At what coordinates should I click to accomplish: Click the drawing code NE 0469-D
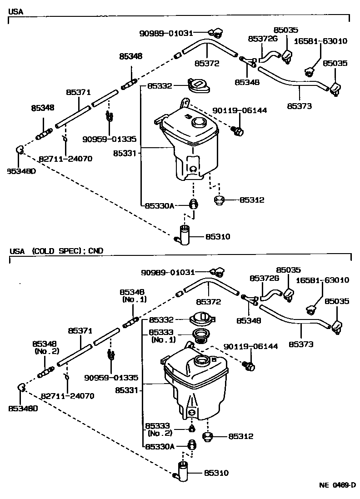click(x=336, y=485)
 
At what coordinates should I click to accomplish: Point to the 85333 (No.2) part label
click(x=158, y=429)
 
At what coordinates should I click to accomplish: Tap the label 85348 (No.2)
click(x=44, y=348)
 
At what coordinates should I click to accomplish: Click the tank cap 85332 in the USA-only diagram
click(x=198, y=86)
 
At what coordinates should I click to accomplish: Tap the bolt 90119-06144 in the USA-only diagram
click(x=238, y=131)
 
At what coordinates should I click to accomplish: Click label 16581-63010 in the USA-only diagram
click(x=321, y=41)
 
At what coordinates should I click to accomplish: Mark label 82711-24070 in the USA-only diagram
click(x=65, y=159)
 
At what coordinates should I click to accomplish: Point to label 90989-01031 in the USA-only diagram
click(x=166, y=33)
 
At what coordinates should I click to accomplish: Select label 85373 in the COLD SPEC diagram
click(x=301, y=344)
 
